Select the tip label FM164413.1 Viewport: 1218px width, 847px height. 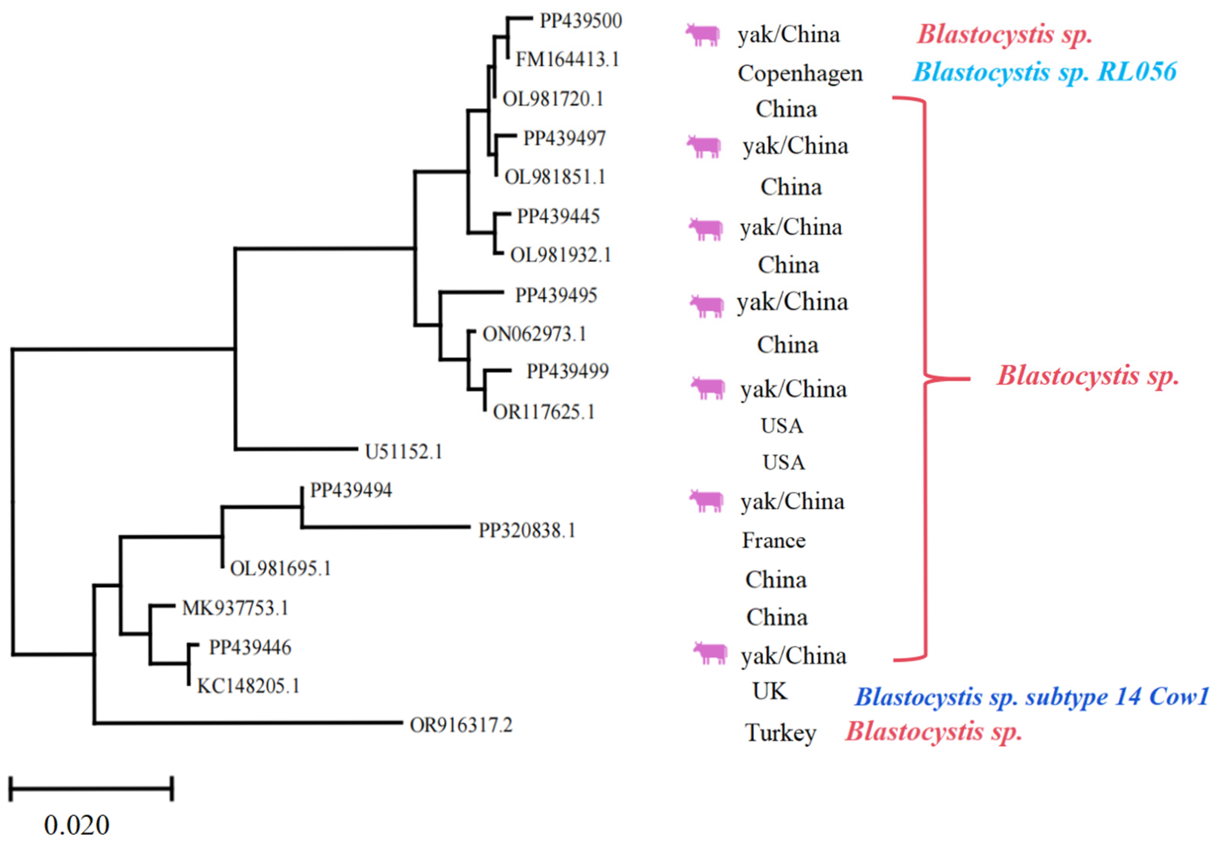click(x=567, y=59)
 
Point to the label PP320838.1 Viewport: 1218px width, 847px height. click(x=527, y=530)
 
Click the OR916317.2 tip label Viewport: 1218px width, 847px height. click(x=461, y=725)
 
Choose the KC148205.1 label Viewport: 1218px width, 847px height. click(x=248, y=686)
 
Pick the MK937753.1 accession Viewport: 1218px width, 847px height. click(x=235, y=608)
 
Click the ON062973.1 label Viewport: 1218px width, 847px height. click(x=534, y=334)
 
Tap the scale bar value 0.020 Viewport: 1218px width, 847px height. click(x=76, y=825)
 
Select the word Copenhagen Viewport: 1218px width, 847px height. click(x=800, y=73)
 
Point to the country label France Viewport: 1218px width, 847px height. click(x=773, y=540)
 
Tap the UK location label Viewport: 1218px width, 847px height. click(x=769, y=691)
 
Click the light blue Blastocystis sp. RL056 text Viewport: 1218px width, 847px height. click(x=1044, y=72)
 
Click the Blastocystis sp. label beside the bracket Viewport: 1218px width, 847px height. click(x=1088, y=376)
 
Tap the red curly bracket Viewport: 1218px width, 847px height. click(x=926, y=379)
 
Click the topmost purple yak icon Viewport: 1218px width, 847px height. click(x=702, y=35)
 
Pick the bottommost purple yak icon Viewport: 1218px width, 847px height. click(x=710, y=653)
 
